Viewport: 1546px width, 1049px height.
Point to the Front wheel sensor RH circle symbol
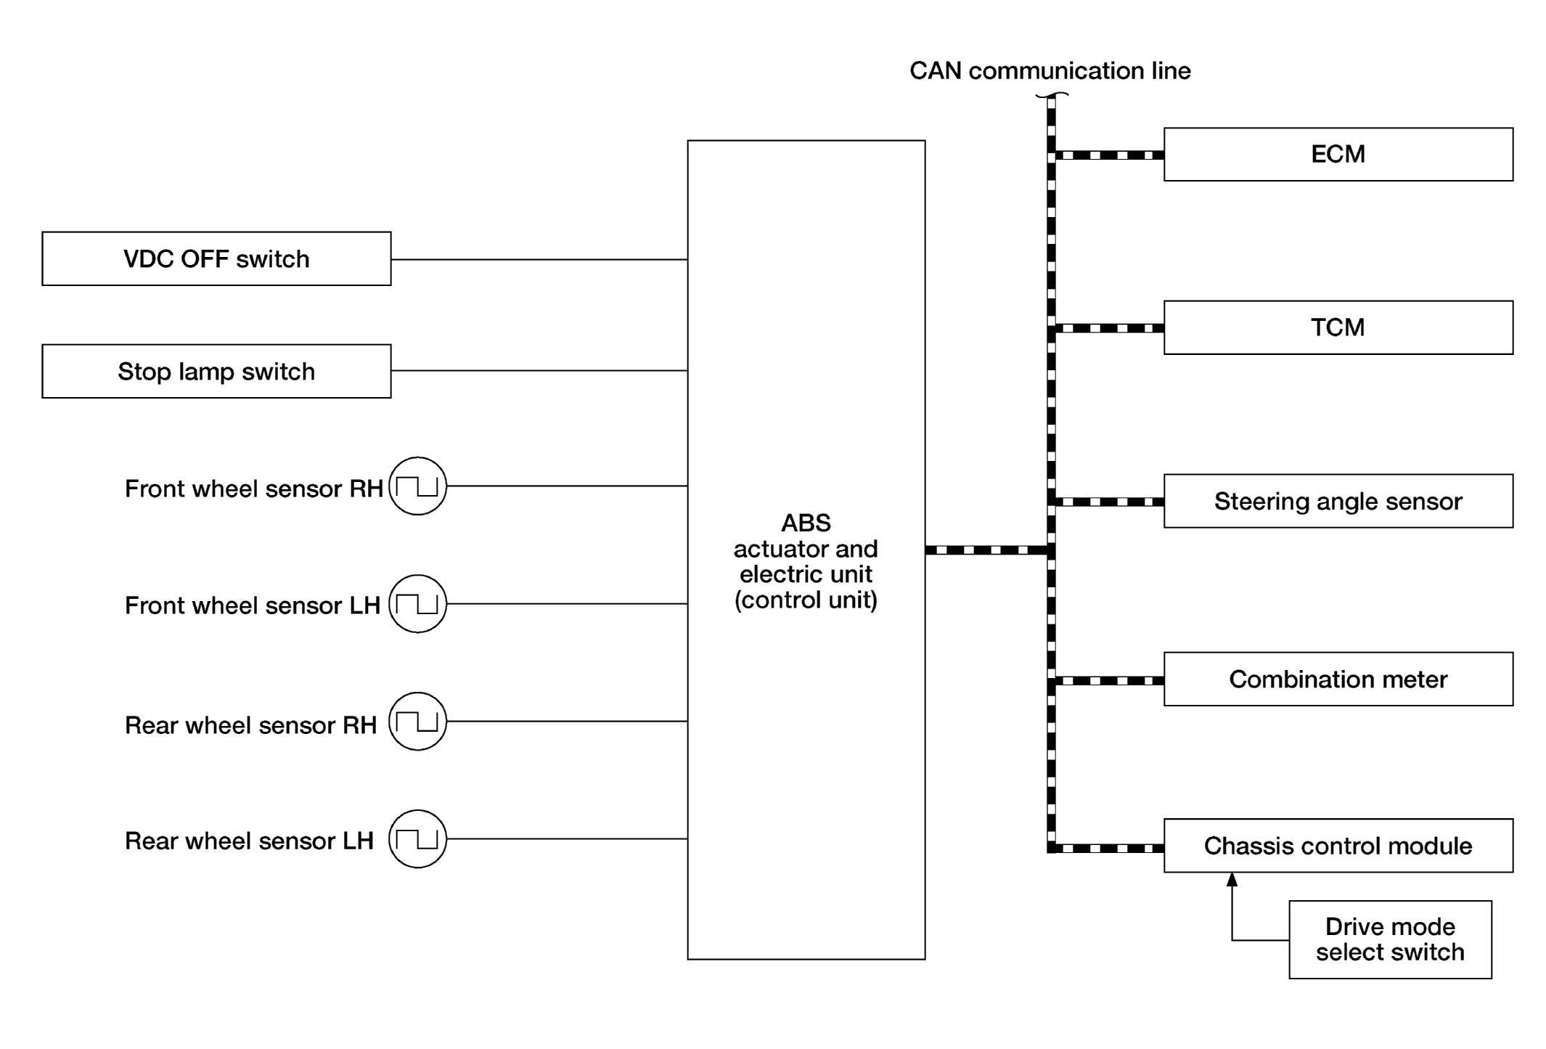coord(417,457)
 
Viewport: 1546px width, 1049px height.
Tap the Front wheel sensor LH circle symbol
coord(417,575)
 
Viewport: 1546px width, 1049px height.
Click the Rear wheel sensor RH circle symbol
coord(417,693)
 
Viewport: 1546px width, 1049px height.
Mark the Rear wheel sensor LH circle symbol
coord(417,810)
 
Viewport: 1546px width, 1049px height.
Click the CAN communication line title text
coord(1050,70)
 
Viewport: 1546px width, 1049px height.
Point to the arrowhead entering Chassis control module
coord(1232,879)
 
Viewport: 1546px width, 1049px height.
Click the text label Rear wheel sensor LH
coord(249,841)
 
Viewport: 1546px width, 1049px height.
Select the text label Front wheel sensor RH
coord(254,489)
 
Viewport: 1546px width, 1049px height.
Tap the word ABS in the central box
coord(806,523)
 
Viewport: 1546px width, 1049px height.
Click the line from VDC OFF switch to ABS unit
coord(539,259)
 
